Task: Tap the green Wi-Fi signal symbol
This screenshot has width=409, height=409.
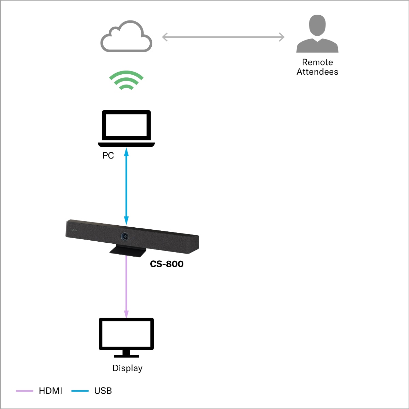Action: [x=126, y=80]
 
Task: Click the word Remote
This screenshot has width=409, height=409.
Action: [x=317, y=62]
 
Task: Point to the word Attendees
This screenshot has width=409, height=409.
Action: [x=317, y=72]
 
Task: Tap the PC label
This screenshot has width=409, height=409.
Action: [x=108, y=155]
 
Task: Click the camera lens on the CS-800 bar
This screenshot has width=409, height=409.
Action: [x=125, y=236]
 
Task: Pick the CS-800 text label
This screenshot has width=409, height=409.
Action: [x=167, y=264]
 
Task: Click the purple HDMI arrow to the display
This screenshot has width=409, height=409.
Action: [x=126, y=286]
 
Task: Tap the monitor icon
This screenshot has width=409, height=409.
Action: [x=126, y=334]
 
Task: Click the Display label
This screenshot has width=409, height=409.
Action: [x=127, y=368]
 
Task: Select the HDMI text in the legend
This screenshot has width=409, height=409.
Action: [x=50, y=391]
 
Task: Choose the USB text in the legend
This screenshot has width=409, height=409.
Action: [x=103, y=391]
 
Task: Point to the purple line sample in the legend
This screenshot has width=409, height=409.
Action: [x=25, y=391]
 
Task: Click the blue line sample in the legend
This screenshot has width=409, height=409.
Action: [x=80, y=391]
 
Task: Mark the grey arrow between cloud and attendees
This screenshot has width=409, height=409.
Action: [x=223, y=37]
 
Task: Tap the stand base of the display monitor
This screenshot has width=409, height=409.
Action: [x=126, y=355]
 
